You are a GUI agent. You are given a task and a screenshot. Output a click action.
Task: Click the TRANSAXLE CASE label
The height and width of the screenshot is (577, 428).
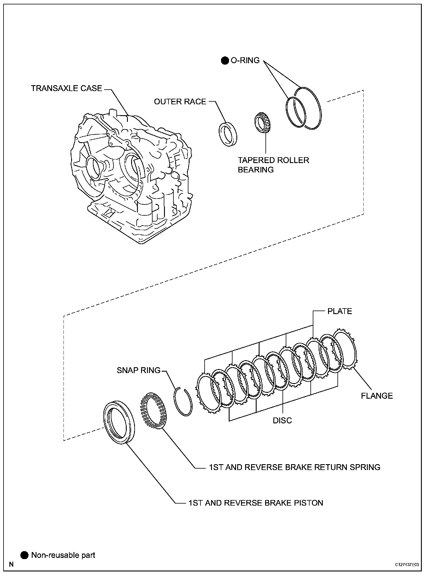point(67,88)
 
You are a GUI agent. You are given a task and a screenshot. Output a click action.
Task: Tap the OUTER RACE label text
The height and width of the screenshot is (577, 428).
point(180,102)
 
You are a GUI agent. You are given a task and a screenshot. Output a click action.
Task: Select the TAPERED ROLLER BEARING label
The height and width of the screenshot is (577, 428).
point(273,165)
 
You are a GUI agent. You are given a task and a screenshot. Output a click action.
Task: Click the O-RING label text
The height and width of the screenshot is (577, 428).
point(245,61)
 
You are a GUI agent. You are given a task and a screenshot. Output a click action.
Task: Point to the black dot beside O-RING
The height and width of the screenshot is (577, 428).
point(225,61)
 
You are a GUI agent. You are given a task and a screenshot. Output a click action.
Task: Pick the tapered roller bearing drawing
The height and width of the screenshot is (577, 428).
point(263,123)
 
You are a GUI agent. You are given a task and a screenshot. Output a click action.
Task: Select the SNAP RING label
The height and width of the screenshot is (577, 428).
point(139,370)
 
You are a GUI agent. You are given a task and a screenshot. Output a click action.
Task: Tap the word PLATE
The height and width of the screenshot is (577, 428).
point(340,311)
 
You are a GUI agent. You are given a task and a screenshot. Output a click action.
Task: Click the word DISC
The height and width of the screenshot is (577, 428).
point(282,420)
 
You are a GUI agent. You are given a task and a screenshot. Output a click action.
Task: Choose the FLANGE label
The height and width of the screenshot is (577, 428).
point(377,396)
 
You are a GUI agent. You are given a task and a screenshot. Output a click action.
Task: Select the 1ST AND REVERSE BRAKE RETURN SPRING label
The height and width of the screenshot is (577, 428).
point(295,467)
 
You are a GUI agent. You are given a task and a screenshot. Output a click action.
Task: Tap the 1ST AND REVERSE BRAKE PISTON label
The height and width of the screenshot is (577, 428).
point(256,503)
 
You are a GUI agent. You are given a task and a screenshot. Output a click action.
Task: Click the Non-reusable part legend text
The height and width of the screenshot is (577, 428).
point(63,555)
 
